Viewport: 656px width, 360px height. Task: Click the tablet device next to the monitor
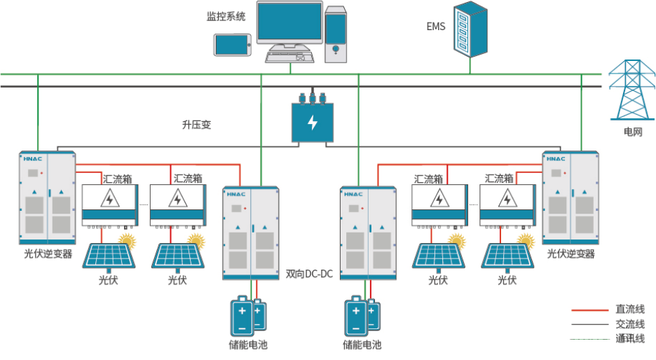coord(232,45)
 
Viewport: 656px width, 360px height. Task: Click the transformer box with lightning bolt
coord(313,122)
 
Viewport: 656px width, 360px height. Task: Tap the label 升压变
coord(196,125)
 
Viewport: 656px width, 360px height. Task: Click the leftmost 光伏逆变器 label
coord(48,254)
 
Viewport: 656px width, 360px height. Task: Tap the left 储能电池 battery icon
coord(247,316)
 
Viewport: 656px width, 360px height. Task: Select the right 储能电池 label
coord(362,345)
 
